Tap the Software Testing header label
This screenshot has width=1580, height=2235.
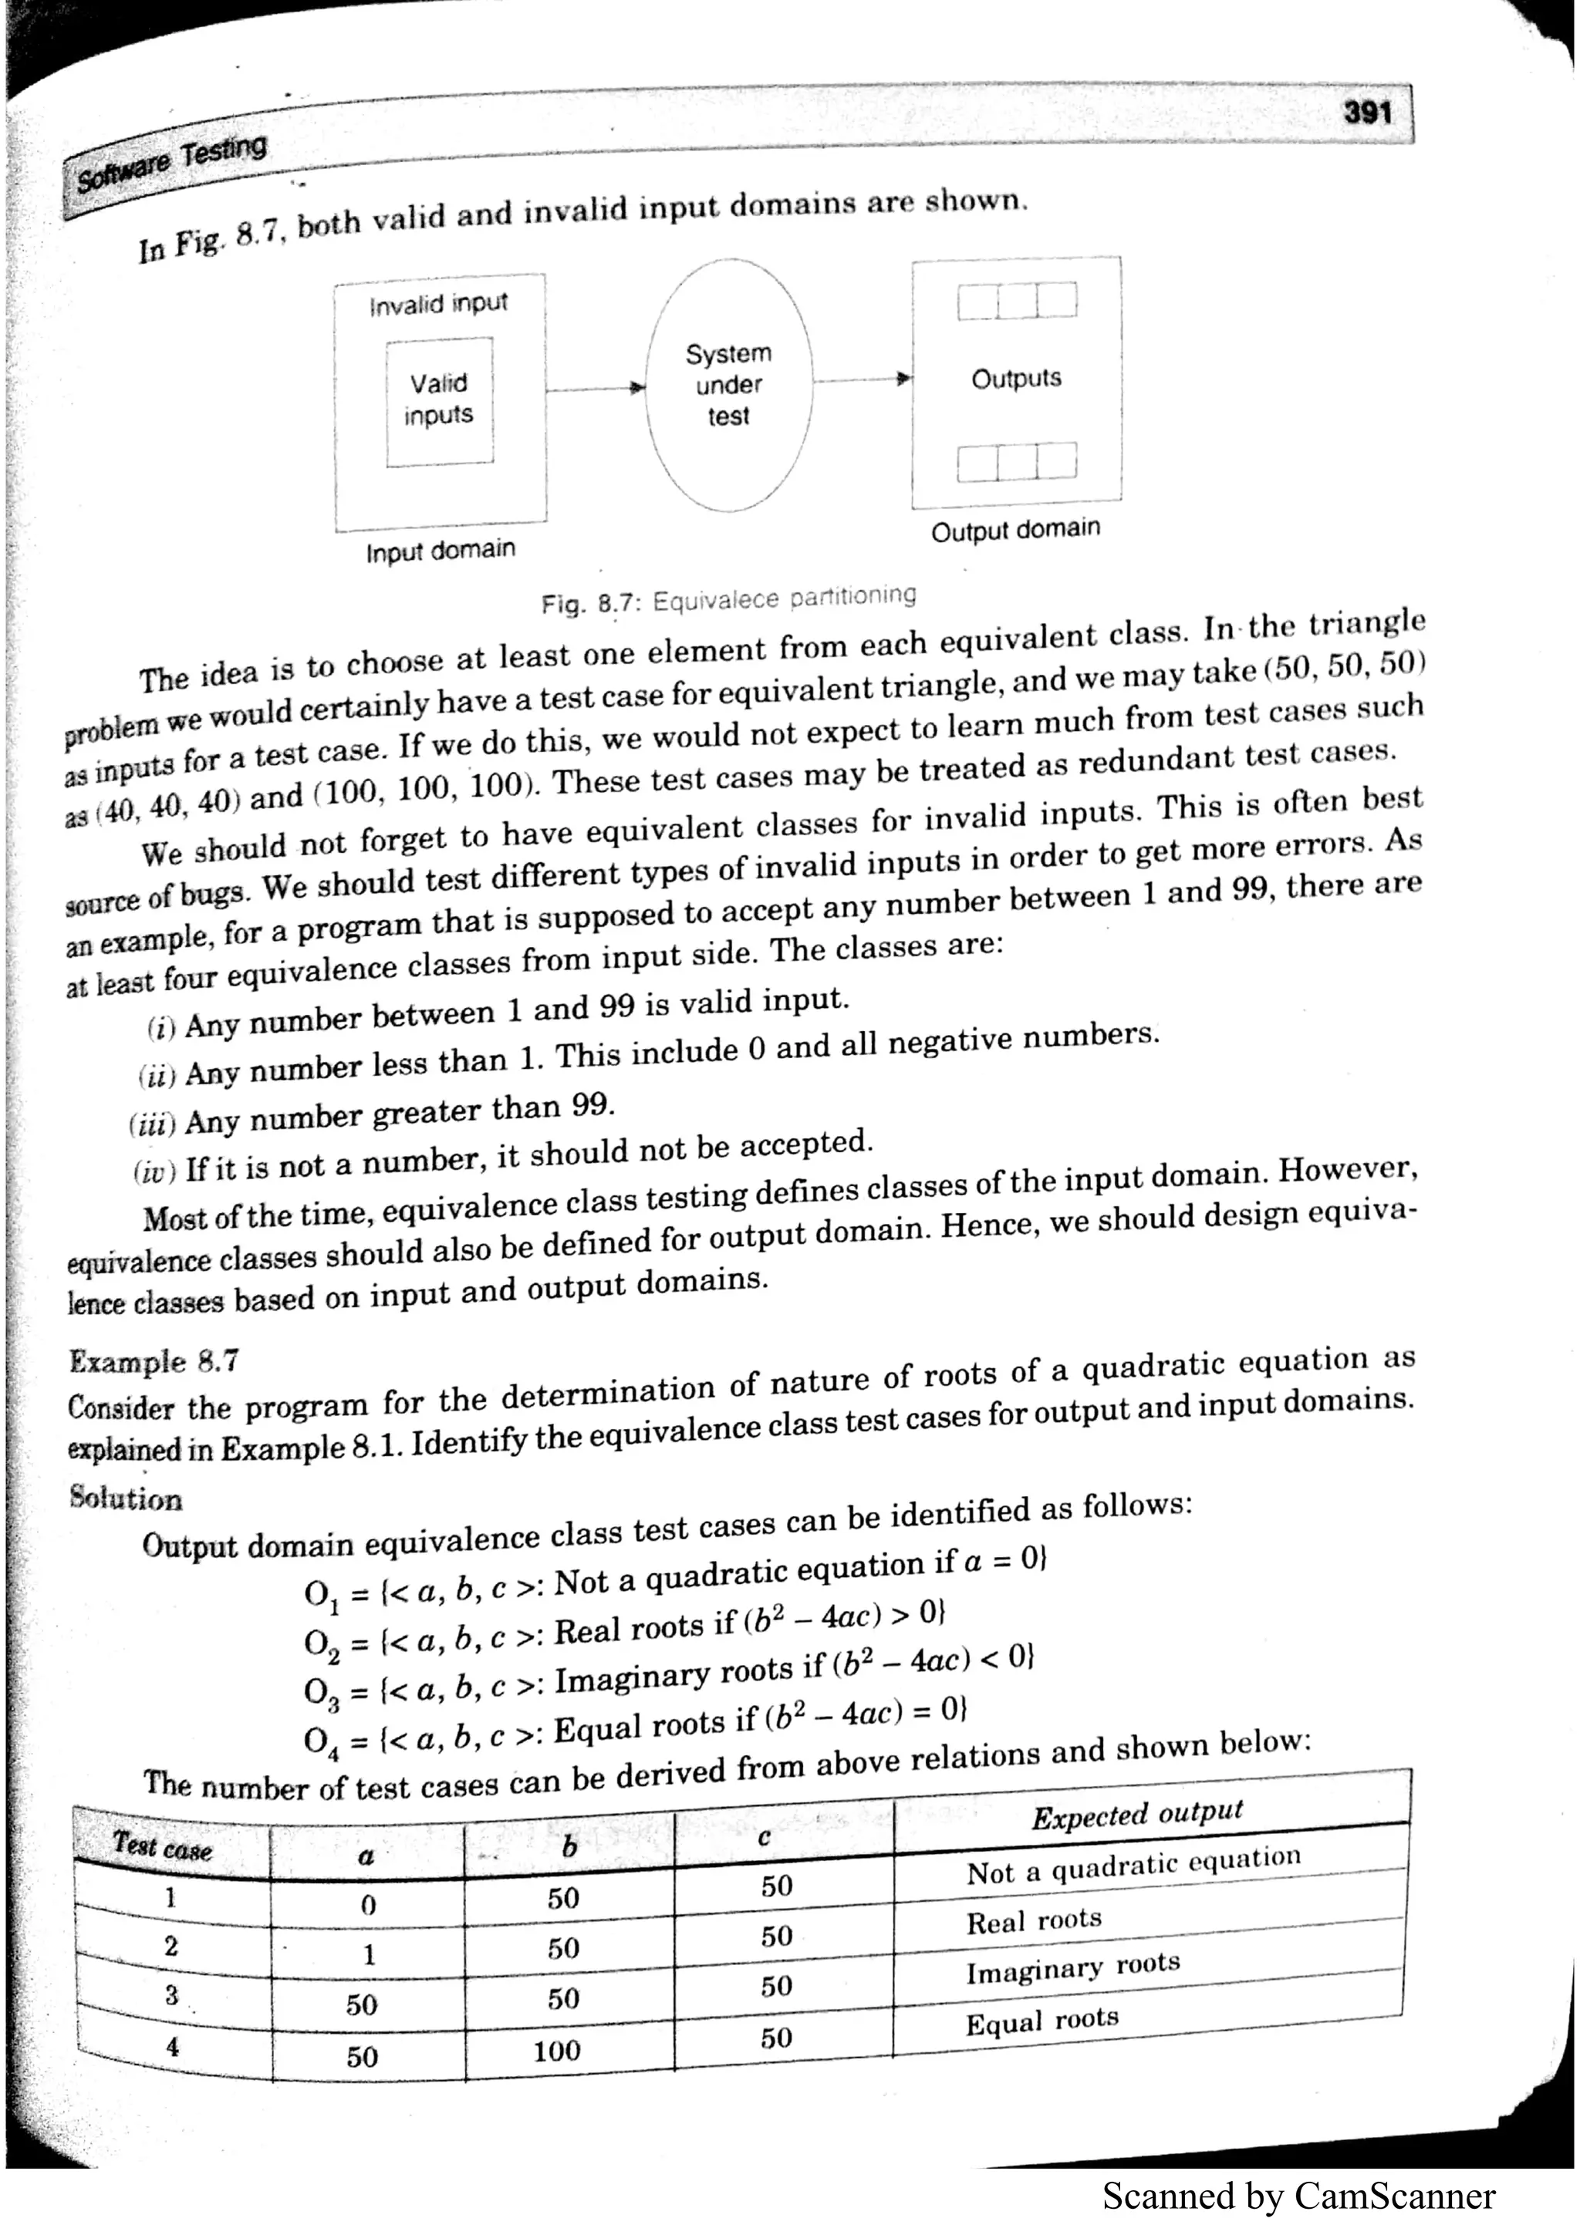[x=171, y=163]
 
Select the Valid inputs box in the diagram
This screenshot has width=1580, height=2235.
[x=439, y=400]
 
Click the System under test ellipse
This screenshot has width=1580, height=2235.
[x=728, y=385]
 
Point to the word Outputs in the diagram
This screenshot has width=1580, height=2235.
[x=1015, y=378]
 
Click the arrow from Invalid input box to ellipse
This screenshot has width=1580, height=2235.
[x=595, y=389]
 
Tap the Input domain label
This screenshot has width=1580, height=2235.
[x=440, y=551]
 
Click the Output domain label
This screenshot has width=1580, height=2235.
[x=1015, y=531]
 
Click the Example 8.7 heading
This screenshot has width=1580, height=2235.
[x=154, y=1360]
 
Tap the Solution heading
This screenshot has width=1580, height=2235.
[x=126, y=1498]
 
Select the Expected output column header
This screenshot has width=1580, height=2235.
[x=1137, y=1813]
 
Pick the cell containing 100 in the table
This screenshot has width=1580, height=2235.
[x=557, y=2050]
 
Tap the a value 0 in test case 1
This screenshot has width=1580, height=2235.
[x=368, y=1904]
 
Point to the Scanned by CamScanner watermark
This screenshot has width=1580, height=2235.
[x=1298, y=2197]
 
